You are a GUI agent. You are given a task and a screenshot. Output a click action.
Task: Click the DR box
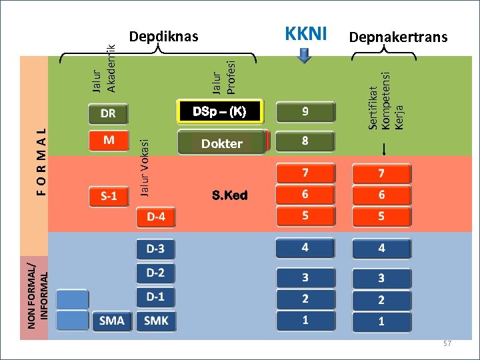tap(108, 114)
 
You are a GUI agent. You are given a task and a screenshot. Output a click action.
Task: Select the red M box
tap(108, 141)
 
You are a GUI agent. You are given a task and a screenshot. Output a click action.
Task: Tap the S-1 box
tap(108, 197)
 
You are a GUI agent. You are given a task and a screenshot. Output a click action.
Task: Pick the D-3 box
tap(156, 249)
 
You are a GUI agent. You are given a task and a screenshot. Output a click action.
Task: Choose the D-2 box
tap(156, 273)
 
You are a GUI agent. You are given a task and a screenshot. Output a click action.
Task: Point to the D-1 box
tap(156, 295)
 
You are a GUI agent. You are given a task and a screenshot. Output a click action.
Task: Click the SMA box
tap(112, 321)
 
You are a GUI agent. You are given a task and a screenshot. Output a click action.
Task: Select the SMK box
tap(157, 321)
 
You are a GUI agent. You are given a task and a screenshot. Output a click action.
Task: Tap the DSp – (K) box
tap(219, 112)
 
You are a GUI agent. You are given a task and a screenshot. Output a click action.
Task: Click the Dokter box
tap(222, 143)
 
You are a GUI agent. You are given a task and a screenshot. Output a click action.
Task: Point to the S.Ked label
tap(229, 195)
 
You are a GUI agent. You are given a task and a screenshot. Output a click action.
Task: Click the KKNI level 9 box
tap(305, 112)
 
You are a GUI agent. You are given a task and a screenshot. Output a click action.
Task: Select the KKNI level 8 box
tap(305, 141)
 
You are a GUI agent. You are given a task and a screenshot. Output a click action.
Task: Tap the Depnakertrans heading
tap(398, 37)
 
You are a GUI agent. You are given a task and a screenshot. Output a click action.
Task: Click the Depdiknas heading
tap(163, 36)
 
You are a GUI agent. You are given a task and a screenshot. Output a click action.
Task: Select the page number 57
tap(447, 343)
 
